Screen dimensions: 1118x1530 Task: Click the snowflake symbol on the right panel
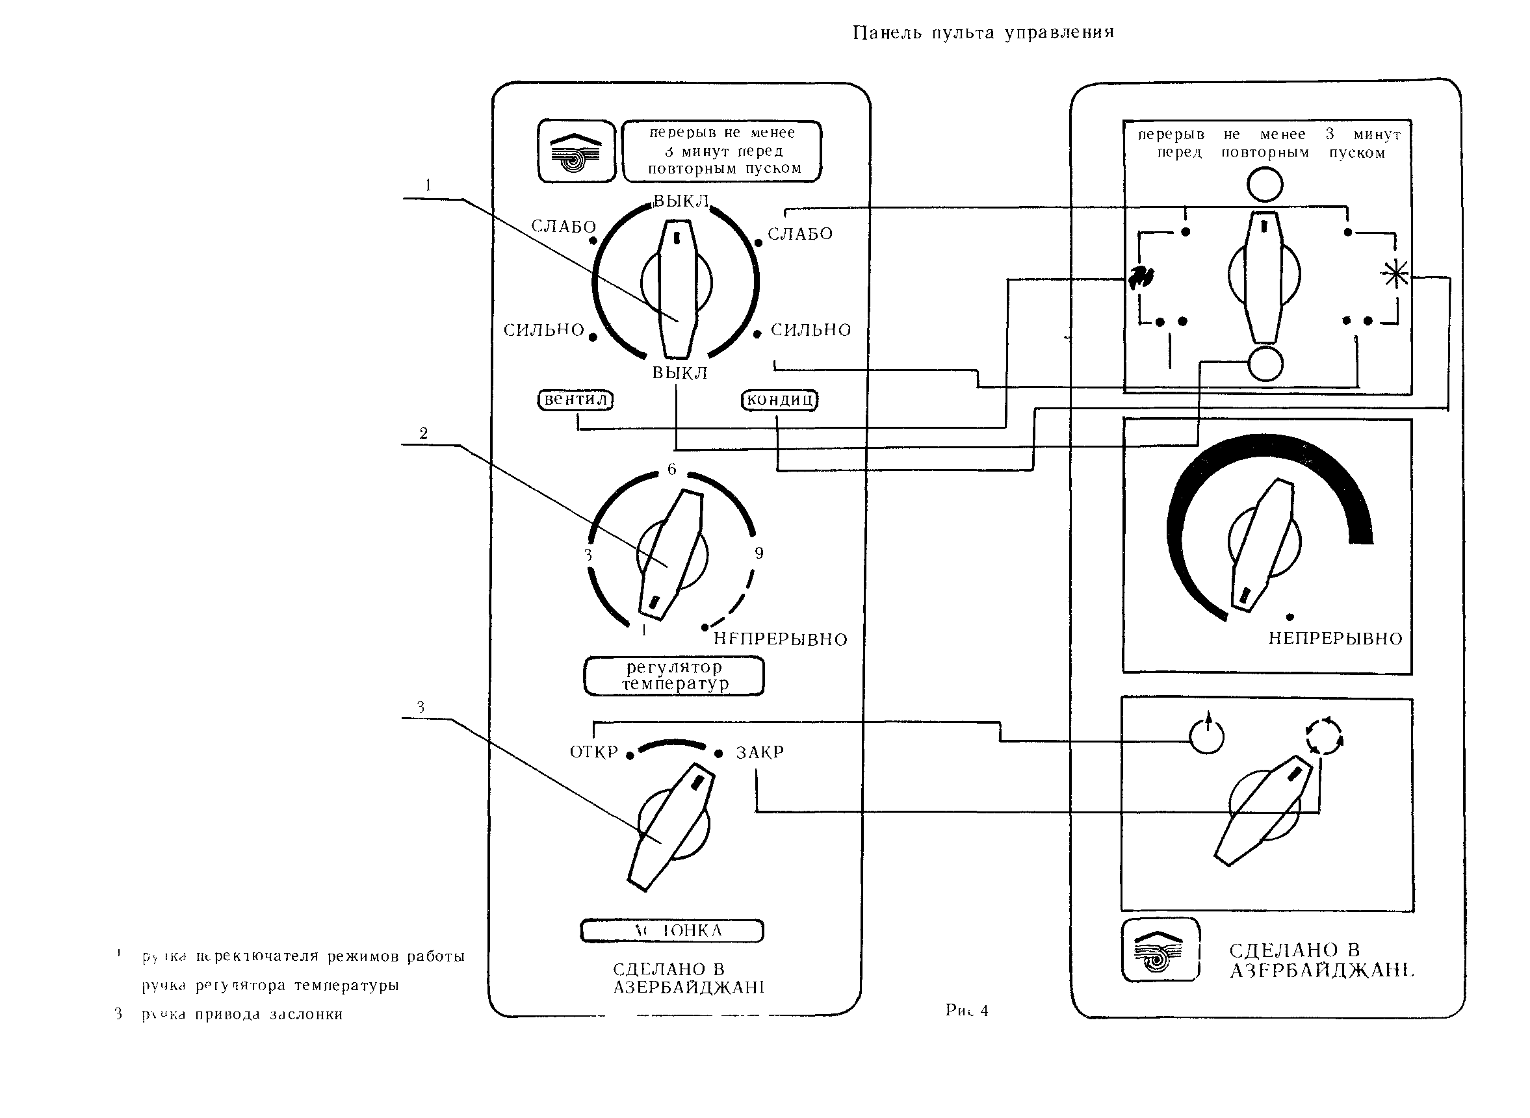[x=1395, y=275]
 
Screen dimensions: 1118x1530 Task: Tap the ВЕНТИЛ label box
[x=575, y=400]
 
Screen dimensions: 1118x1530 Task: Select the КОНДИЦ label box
[x=779, y=401]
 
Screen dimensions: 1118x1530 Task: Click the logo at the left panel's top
[x=576, y=151]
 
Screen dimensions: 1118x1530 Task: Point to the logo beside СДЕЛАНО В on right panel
[x=1160, y=950]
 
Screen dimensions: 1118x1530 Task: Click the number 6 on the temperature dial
[x=671, y=469]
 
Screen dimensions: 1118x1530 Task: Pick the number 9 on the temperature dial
[x=759, y=553]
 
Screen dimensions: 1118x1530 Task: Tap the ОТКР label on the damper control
[x=593, y=752]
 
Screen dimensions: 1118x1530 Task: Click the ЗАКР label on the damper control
[x=760, y=752]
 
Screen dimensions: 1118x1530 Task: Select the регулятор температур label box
[x=674, y=676]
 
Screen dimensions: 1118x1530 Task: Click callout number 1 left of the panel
[x=428, y=184]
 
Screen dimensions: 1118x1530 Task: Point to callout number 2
[x=423, y=433]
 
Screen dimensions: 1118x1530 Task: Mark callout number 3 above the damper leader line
[x=421, y=707]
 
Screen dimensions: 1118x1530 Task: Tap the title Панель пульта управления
[x=983, y=32]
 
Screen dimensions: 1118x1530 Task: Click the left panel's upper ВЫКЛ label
[x=681, y=201]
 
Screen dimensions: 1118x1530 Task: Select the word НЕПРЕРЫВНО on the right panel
[x=1335, y=639]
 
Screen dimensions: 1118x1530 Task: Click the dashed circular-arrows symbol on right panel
[x=1324, y=736]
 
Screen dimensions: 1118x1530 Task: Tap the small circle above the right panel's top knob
[x=1265, y=184]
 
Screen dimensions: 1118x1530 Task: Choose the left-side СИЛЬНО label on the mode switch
[x=543, y=330]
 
